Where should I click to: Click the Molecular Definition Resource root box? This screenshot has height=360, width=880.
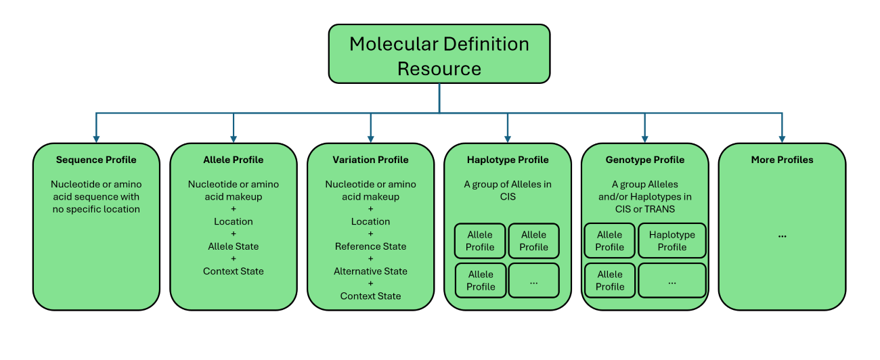439,55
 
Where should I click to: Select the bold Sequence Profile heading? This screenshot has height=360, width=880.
96,160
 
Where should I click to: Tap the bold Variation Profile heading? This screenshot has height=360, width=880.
370,160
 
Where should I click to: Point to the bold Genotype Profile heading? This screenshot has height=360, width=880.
644,160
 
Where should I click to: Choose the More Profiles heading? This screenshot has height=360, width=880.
782,160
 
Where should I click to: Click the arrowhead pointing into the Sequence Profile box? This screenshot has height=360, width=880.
96,137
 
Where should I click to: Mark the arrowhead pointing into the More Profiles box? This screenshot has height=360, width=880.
782,137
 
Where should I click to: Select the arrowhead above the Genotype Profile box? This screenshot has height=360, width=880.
644,137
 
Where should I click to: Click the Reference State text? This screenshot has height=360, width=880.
370,246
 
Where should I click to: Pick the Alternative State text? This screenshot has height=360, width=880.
370,271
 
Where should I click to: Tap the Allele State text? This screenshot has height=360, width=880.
233,246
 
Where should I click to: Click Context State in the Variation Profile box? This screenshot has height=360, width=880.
370,296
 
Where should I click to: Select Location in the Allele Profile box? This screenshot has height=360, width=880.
233,221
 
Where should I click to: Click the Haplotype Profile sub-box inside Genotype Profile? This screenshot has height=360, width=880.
672,241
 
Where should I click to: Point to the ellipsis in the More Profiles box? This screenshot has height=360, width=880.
782,235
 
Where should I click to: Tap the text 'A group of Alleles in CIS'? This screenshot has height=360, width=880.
508,190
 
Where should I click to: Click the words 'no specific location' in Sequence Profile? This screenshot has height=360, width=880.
96,209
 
